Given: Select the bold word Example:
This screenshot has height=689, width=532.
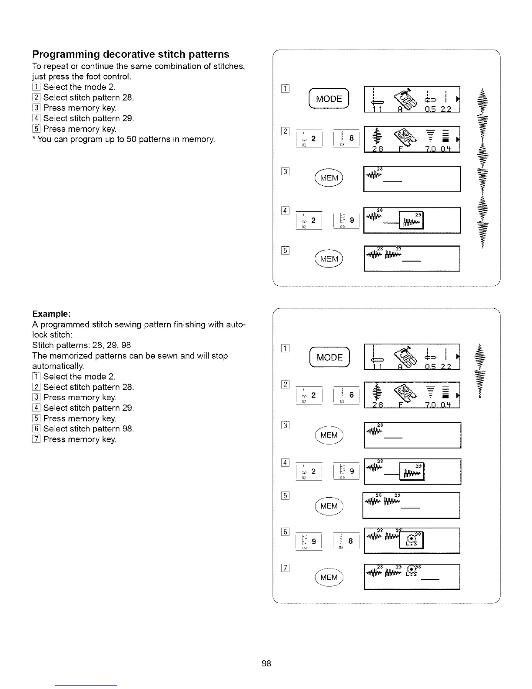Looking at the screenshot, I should point(51,314).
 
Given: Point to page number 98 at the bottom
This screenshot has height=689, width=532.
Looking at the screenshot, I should point(266,663).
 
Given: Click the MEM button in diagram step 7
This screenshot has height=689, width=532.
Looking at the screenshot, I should point(329,577).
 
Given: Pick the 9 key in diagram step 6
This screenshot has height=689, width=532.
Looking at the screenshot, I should point(309,542).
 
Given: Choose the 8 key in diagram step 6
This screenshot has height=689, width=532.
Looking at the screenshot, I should point(346,542).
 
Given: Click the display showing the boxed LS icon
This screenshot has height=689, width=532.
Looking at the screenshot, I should point(412,541).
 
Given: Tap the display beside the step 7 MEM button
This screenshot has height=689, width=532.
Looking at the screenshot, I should point(412,577).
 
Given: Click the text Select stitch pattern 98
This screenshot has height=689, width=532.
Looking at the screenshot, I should point(88,428).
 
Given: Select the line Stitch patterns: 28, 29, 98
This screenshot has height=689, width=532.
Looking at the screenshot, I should point(81,345).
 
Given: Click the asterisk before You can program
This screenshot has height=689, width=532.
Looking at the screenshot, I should point(34,139).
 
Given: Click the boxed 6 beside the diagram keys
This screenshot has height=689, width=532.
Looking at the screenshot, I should point(286,532).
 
